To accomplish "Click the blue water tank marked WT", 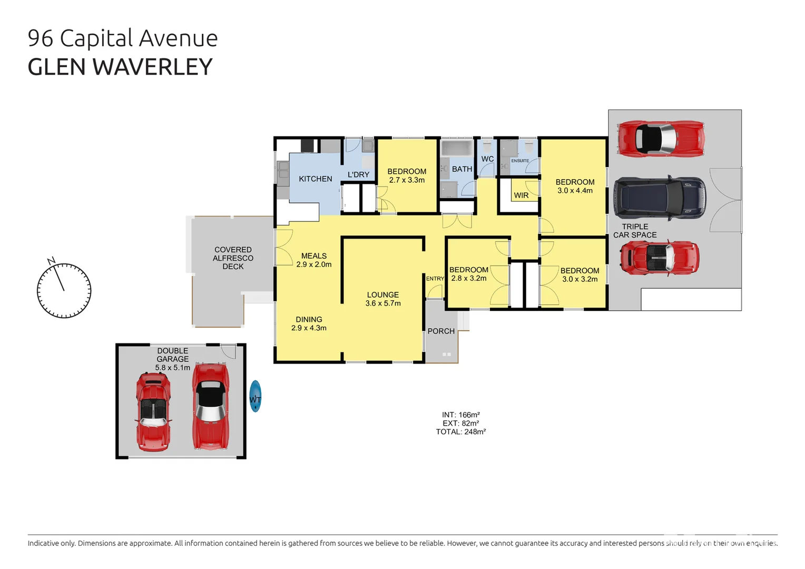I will (x=256, y=396).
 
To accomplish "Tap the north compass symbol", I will (x=64, y=290).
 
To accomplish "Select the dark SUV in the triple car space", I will (x=659, y=198).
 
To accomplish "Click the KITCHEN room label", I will (x=315, y=179).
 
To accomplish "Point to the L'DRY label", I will (x=358, y=175).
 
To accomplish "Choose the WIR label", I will (x=521, y=195).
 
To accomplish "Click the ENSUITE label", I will (x=520, y=161).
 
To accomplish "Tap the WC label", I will (x=487, y=159).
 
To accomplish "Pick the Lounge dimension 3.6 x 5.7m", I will (x=383, y=303).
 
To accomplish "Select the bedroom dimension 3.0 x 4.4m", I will (x=575, y=191).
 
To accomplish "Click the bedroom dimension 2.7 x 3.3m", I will (x=407, y=180).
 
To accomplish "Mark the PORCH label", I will (x=441, y=331).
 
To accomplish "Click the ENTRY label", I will (x=435, y=279).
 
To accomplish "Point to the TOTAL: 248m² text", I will (x=460, y=432).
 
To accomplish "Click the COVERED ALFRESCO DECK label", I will (x=233, y=258).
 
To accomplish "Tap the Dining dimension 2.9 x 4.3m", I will (x=309, y=328).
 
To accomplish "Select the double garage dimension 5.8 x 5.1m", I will (x=172, y=368).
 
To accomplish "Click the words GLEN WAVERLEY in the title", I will (x=120, y=67).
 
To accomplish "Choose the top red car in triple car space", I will (x=661, y=139).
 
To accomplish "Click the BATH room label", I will (x=462, y=169).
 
